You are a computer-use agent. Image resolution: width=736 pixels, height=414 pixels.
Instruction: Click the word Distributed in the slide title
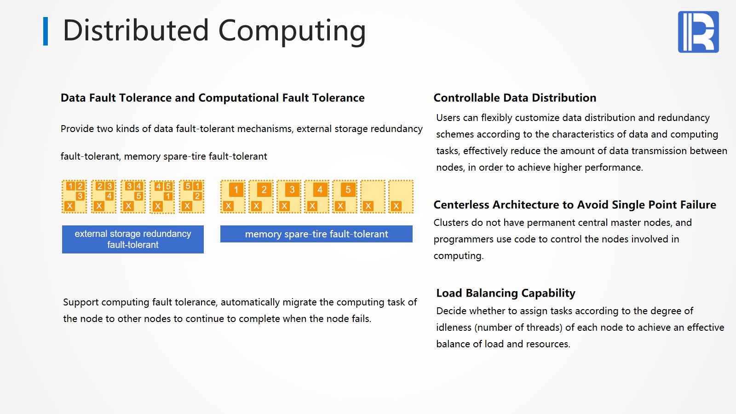click(136, 30)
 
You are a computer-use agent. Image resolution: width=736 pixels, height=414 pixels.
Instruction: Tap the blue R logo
click(698, 32)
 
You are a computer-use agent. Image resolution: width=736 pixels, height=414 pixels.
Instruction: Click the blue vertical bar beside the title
click(46, 31)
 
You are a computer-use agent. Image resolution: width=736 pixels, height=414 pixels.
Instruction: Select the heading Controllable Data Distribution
click(515, 98)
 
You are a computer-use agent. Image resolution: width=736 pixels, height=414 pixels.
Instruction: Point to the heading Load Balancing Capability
click(506, 293)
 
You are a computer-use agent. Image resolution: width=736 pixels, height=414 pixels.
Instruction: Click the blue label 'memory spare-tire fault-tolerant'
click(316, 234)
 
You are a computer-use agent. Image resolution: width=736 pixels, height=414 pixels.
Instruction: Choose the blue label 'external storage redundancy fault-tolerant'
click(133, 239)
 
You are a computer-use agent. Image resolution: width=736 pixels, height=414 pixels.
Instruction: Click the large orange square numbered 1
click(236, 190)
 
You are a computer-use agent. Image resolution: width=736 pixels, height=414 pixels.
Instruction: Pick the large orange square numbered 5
click(348, 190)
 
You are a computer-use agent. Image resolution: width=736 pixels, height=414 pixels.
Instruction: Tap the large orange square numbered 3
click(292, 190)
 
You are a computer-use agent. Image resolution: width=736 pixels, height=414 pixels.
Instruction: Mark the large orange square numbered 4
click(320, 190)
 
